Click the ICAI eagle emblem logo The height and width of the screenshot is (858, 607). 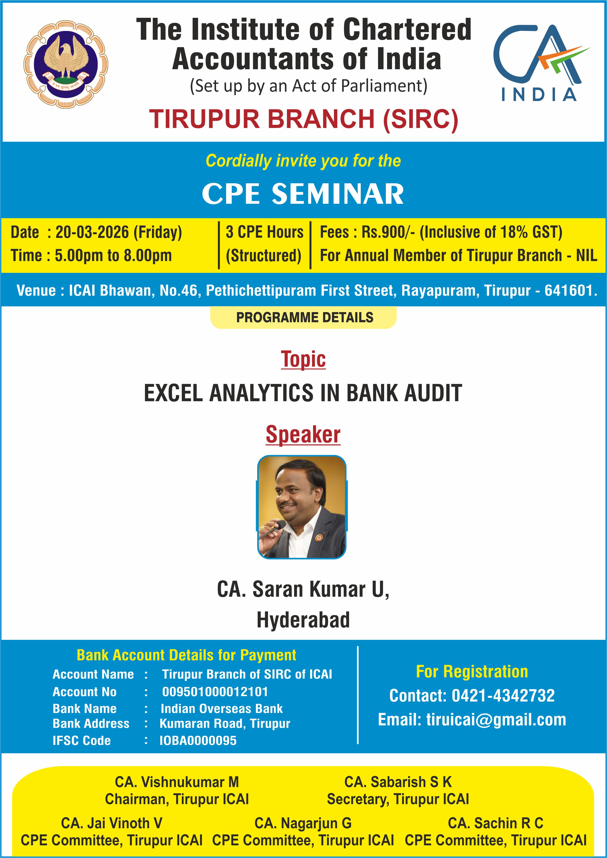click(66, 64)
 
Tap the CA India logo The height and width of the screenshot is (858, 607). click(541, 63)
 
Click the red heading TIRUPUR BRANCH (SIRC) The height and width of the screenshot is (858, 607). click(303, 119)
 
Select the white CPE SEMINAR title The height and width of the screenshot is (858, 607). click(303, 194)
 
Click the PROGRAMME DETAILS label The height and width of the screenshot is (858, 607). click(305, 318)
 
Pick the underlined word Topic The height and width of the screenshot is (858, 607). click(303, 360)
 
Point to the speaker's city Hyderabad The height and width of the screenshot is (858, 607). click(303, 620)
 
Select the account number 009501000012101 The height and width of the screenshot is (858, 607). click(215, 692)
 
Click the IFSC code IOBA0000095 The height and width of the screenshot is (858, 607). click(198, 740)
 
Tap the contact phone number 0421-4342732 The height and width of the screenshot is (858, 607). click(503, 696)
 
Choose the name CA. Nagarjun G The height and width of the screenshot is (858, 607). click(303, 823)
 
